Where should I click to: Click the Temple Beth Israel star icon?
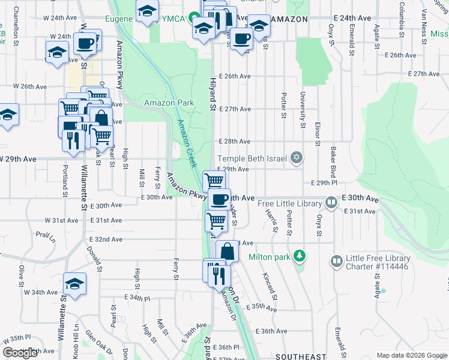point(295,158)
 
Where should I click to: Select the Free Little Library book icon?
point(331,203)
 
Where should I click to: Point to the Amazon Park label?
point(169,103)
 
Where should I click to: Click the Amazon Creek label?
point(187,144)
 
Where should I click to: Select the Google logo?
point(20,353)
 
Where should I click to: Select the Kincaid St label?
point(270,287)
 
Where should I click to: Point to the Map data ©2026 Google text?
point(411,355)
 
